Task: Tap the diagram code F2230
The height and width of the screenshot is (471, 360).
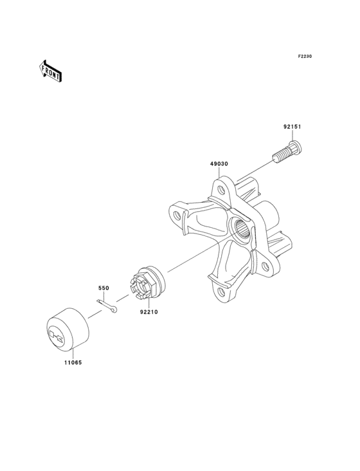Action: [304, 57]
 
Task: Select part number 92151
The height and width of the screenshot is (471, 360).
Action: [292, 127]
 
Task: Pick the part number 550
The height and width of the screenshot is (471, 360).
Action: [104, 288]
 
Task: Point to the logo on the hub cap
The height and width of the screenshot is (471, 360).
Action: [59, 334]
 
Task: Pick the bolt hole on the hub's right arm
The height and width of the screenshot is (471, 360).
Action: [267, 265]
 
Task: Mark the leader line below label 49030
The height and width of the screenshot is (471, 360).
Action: [219, 175]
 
